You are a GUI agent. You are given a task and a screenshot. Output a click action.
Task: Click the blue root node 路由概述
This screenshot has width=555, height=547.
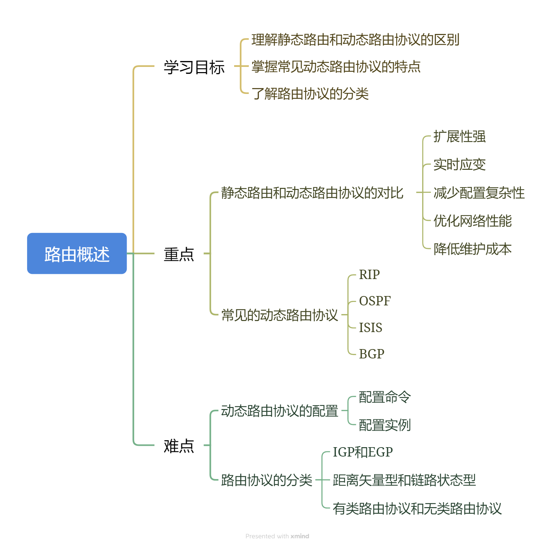coord(77,254)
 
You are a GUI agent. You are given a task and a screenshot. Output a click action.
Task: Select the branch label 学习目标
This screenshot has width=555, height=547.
coord(194,67)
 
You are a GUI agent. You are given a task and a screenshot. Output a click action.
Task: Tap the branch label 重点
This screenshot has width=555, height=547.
coord(179,254)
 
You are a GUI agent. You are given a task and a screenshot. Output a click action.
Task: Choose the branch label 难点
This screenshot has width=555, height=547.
coord(179,446)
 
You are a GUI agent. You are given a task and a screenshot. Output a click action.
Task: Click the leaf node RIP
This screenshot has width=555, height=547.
coord(369,275)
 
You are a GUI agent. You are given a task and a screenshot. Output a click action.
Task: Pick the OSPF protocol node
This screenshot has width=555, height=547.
coord(375,301)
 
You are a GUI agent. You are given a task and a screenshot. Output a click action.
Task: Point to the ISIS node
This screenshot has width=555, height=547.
coord(370,328)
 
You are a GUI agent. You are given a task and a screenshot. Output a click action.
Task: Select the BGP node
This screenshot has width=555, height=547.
coord(372,354)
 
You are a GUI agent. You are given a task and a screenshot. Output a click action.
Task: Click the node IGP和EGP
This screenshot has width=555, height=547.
coord(362,452)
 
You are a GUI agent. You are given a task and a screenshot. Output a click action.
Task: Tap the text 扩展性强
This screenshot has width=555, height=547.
coord(459,137)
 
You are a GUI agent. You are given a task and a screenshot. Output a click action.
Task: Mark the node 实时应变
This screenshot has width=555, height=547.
coord(459,165)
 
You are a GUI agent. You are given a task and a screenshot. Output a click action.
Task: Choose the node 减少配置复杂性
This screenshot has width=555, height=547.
coord(479,193)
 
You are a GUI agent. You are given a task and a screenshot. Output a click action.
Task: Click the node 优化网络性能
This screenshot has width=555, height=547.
coord(472,221)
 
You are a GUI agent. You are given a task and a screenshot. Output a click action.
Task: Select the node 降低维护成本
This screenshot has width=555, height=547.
coord(472,249)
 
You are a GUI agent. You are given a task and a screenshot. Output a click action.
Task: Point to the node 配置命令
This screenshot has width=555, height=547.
coord(385,397)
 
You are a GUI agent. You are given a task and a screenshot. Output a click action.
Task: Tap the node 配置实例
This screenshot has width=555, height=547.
coord(385,425)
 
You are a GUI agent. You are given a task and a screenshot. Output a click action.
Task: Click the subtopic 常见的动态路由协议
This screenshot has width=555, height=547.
coord(280,315)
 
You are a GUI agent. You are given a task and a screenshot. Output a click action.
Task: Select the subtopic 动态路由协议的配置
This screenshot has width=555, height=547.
coord(280,411)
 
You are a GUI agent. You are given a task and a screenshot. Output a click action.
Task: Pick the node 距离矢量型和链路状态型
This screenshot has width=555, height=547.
coord(404,480)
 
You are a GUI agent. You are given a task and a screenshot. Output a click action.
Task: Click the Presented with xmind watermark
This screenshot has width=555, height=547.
coord(277,536)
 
